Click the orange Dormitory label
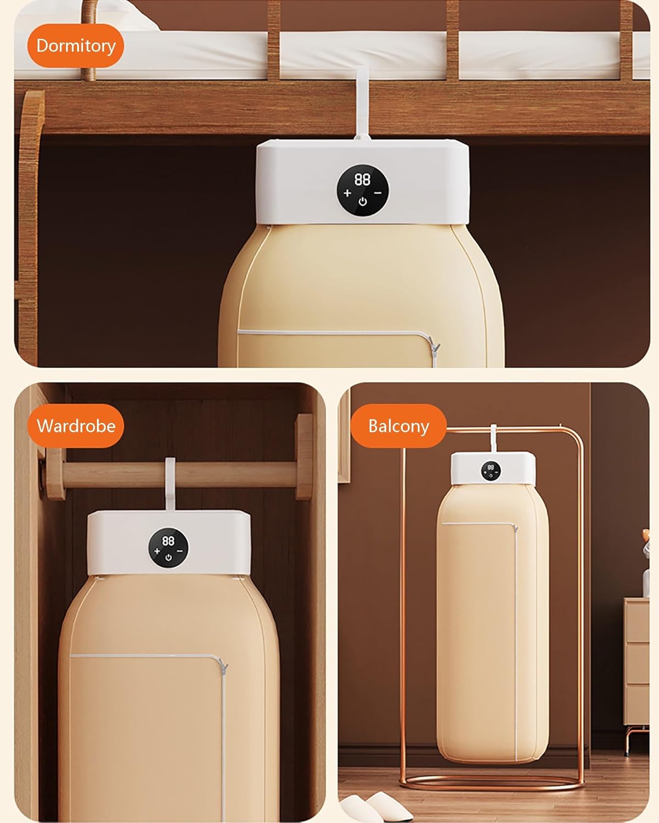(x=76, y=46)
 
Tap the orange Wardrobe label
(x=76, y=426)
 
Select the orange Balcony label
(x=398, y=426)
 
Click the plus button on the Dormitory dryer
(x=347, y=193)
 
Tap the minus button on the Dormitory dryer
(x=378, y=193)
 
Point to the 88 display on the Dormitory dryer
(x=362, y=179)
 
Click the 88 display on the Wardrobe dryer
(x=168, y=541)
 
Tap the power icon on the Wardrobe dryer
(x=168, y=558)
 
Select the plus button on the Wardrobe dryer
(x=157, y=551)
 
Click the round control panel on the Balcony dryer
(x=491, y=471)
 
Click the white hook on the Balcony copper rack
(x=493, y=438)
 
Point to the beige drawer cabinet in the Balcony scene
(x=636, y=662)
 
